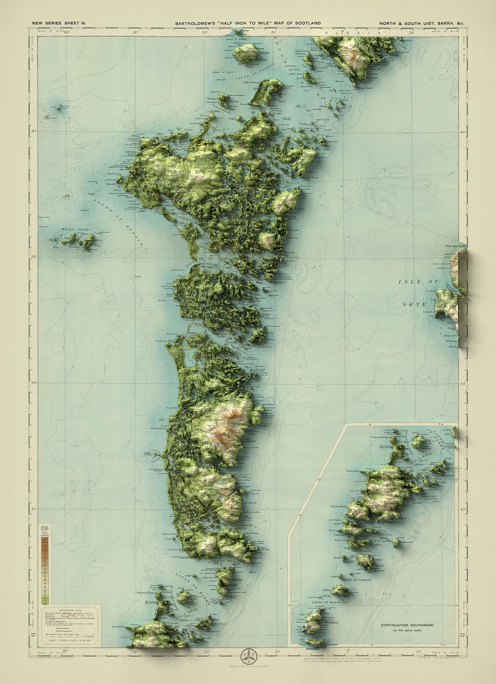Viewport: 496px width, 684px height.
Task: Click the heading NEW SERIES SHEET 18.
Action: pos(59,23)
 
